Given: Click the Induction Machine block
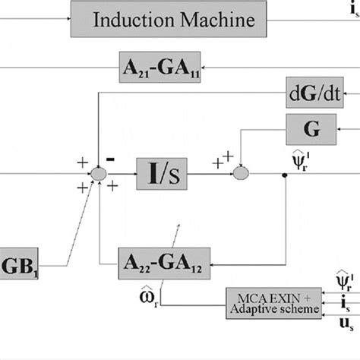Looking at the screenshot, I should (172, 19).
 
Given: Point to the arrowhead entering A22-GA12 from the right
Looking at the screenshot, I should (209, 263).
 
